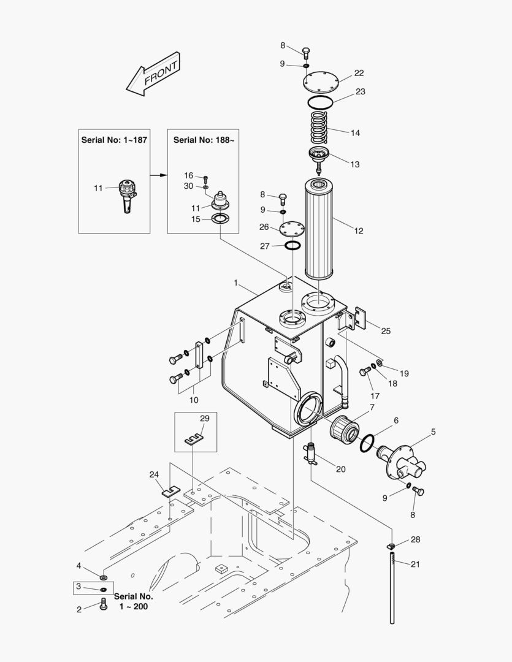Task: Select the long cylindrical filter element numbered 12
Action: (x=318, y=229)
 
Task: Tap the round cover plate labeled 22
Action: (x=321, y=81)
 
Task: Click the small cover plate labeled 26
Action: (x=292, y=229)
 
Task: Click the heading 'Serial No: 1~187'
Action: (x=114, y=140)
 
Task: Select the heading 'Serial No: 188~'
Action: (x=204, y=140)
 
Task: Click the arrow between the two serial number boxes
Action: (x=159, y=175)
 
